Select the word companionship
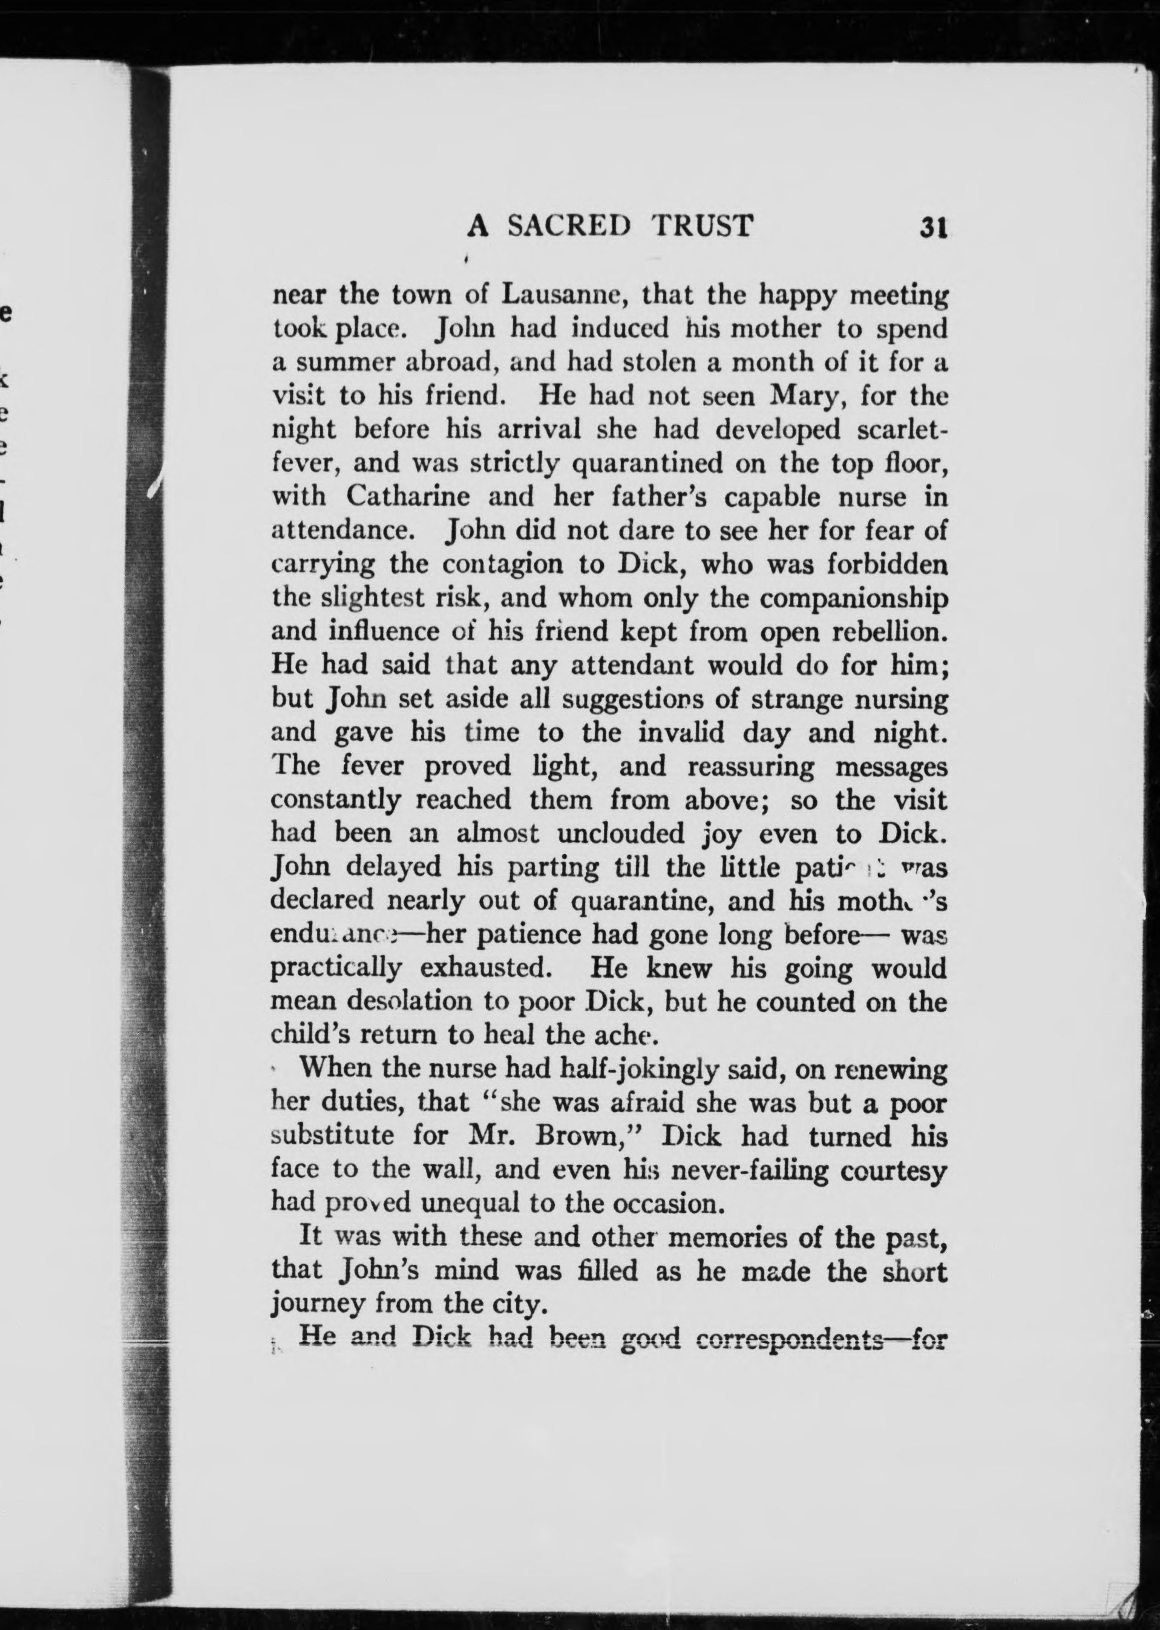click(x=854, y=598)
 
